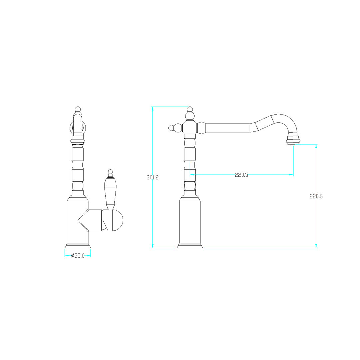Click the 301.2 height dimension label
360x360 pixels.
pyautogui.click(x=152, y=177)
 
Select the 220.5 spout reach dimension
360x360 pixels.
pyautogui.click(x=241, y=175)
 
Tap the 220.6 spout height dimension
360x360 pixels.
pyautogui.click(x=316, y=196)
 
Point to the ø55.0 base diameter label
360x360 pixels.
pyautogui.click(x=78, y=256)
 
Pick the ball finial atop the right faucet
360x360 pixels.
pyautogui.click(x=190, y=109)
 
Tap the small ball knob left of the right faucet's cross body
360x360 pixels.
pyautogui.click(x=171, y=128)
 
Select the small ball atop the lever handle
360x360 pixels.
pyautogui.click(x=110, y=172)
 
